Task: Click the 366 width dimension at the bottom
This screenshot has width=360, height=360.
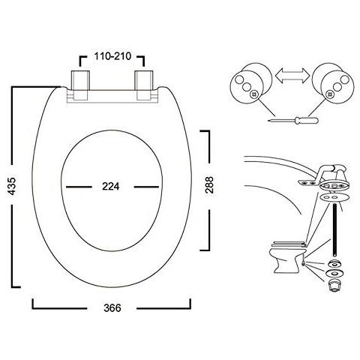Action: click(x=112, y=307)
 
